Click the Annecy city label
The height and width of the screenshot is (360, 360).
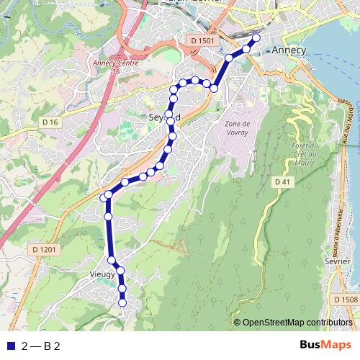pyautogui.click(x=289, y=50)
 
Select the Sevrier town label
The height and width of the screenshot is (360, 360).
pyautogui.click(x=338, y=261)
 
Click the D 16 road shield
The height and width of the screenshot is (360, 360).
pyautogui.click(x=50, y=122)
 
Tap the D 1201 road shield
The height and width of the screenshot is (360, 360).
pyautogui.click(x=44, y=249)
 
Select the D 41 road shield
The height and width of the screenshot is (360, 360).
pyautogui.click(x=284, y=183)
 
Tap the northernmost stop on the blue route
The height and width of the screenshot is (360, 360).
pyautogui.click(x=256, y=37)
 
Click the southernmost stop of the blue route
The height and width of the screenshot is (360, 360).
pyautogui.click(x=122, y=302)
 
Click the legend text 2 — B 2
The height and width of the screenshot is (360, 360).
pyautogui.click(x=40, y=346)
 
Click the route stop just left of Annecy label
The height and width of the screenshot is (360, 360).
pyautogui.click(x=246, y=49)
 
